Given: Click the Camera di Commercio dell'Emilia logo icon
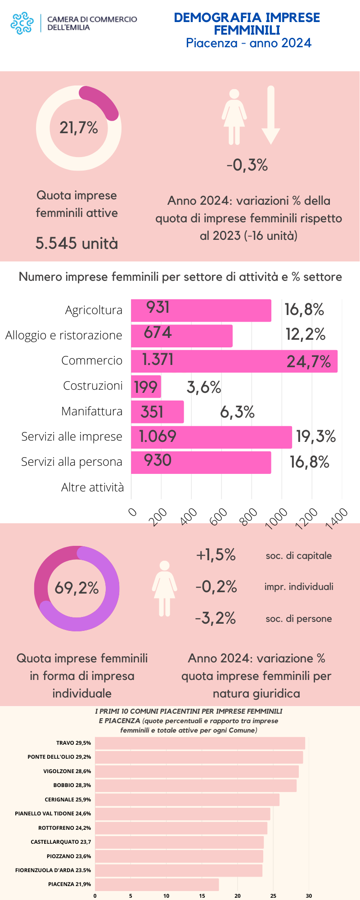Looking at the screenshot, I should pos(22,23).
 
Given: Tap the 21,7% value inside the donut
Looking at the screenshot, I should pos(79,128).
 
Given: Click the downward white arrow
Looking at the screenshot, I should pos(270,115).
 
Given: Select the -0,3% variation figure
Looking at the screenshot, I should pos(247,165).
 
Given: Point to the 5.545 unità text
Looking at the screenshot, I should pos(76,243).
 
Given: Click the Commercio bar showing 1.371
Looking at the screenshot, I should pos(234,361).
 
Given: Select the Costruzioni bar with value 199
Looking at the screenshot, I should pos(146,387).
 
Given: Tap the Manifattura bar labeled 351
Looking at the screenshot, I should pos(157,412).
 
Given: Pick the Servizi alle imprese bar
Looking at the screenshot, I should pos(211,437).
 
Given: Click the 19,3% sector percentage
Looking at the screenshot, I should pos(316,436).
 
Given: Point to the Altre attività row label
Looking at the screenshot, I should pos(92,487).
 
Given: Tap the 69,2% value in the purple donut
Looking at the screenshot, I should pos(76,588).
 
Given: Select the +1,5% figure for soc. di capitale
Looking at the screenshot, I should pos(216,555).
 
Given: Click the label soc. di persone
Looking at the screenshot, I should pos(298,619).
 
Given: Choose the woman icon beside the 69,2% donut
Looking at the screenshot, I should pos(164,588).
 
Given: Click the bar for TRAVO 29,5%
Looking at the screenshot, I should pos(200,743).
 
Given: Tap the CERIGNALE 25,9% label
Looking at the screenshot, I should pos(67,800).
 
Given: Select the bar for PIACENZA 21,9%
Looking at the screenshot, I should pos(157,884).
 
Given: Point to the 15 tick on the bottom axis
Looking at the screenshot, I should pos(202,896).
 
